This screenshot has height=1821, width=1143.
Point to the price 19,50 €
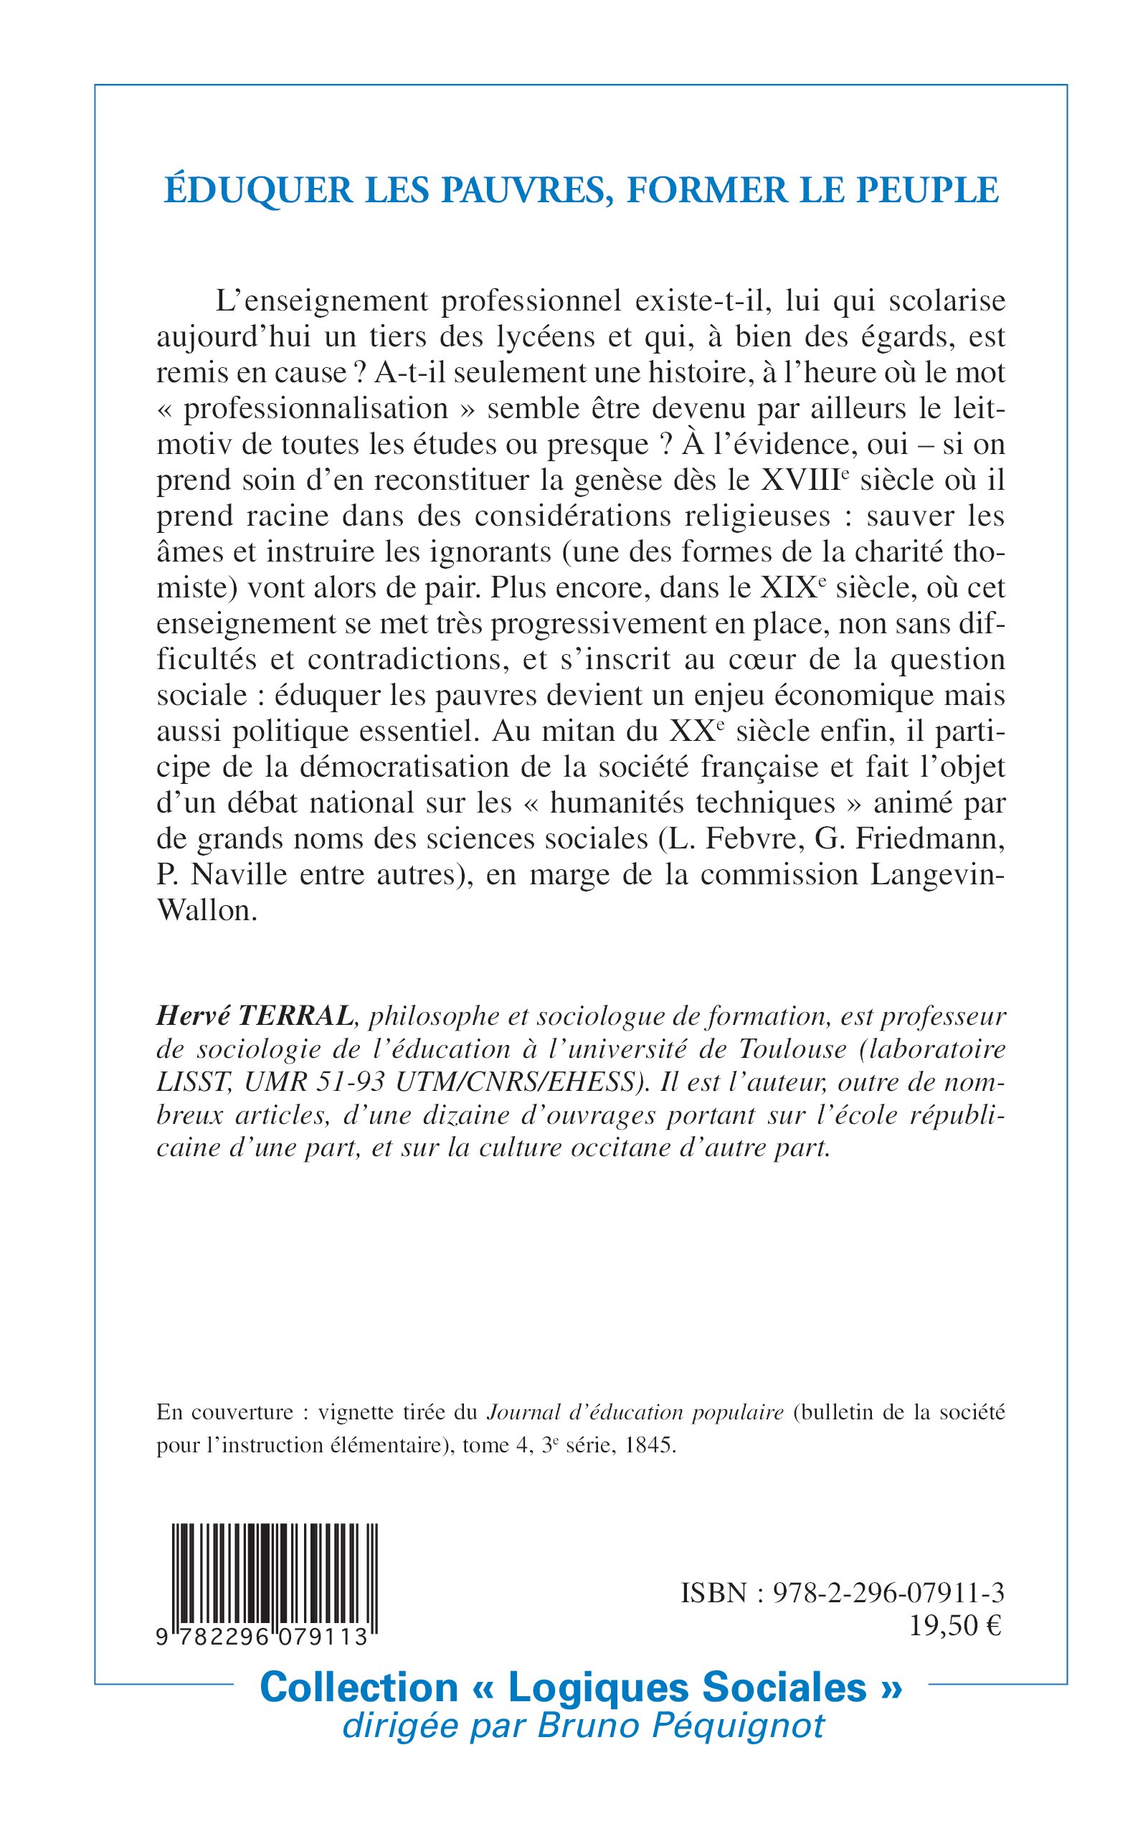point(954,1626)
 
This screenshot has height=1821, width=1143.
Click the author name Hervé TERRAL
point(254,1016)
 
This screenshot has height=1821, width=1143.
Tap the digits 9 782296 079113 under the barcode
point(262,1637)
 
